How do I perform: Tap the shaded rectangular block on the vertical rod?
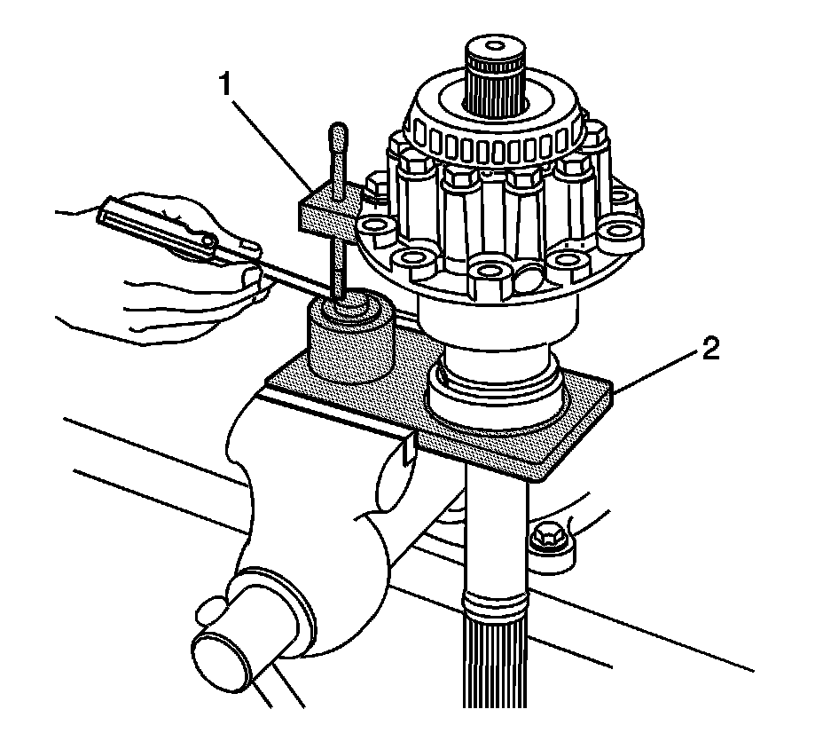pyautogui.click(x=327, y=212)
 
